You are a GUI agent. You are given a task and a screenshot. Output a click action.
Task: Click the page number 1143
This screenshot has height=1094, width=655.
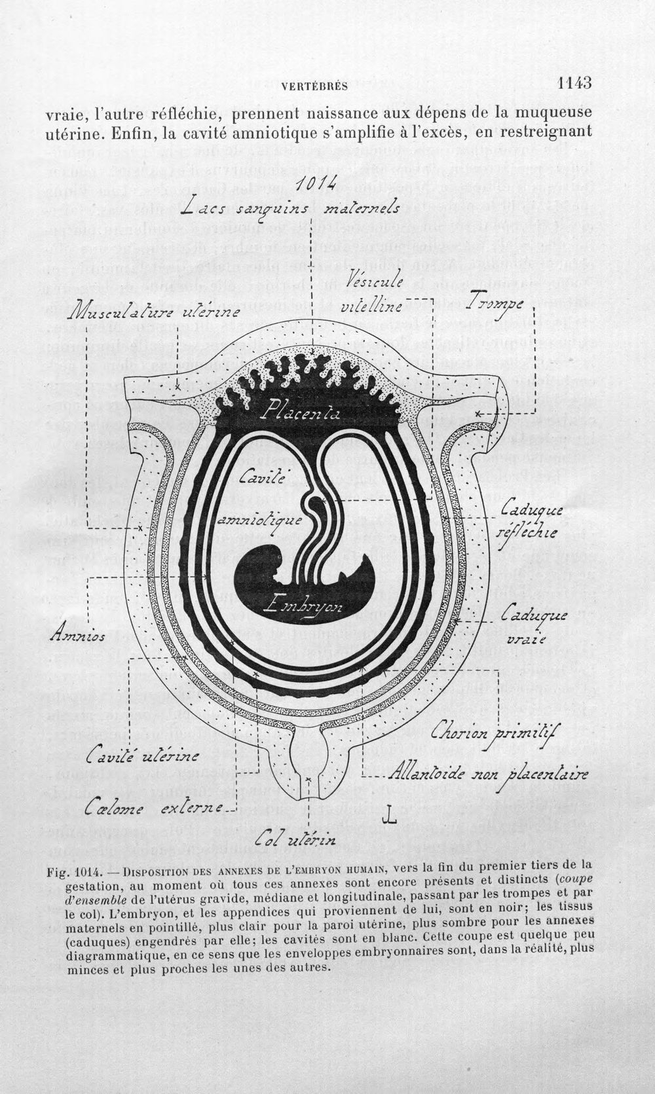[x=574, y=82]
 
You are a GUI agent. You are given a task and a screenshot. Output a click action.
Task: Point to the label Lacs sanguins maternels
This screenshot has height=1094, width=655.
[x=290, y=209]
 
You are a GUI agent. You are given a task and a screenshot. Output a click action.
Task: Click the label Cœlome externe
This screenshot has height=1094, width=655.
[x=154, y=809]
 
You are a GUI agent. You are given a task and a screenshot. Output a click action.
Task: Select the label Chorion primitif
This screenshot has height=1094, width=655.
[x=495, y=731]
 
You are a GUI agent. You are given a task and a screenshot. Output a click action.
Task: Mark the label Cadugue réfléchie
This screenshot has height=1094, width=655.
[x=529, y=520]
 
